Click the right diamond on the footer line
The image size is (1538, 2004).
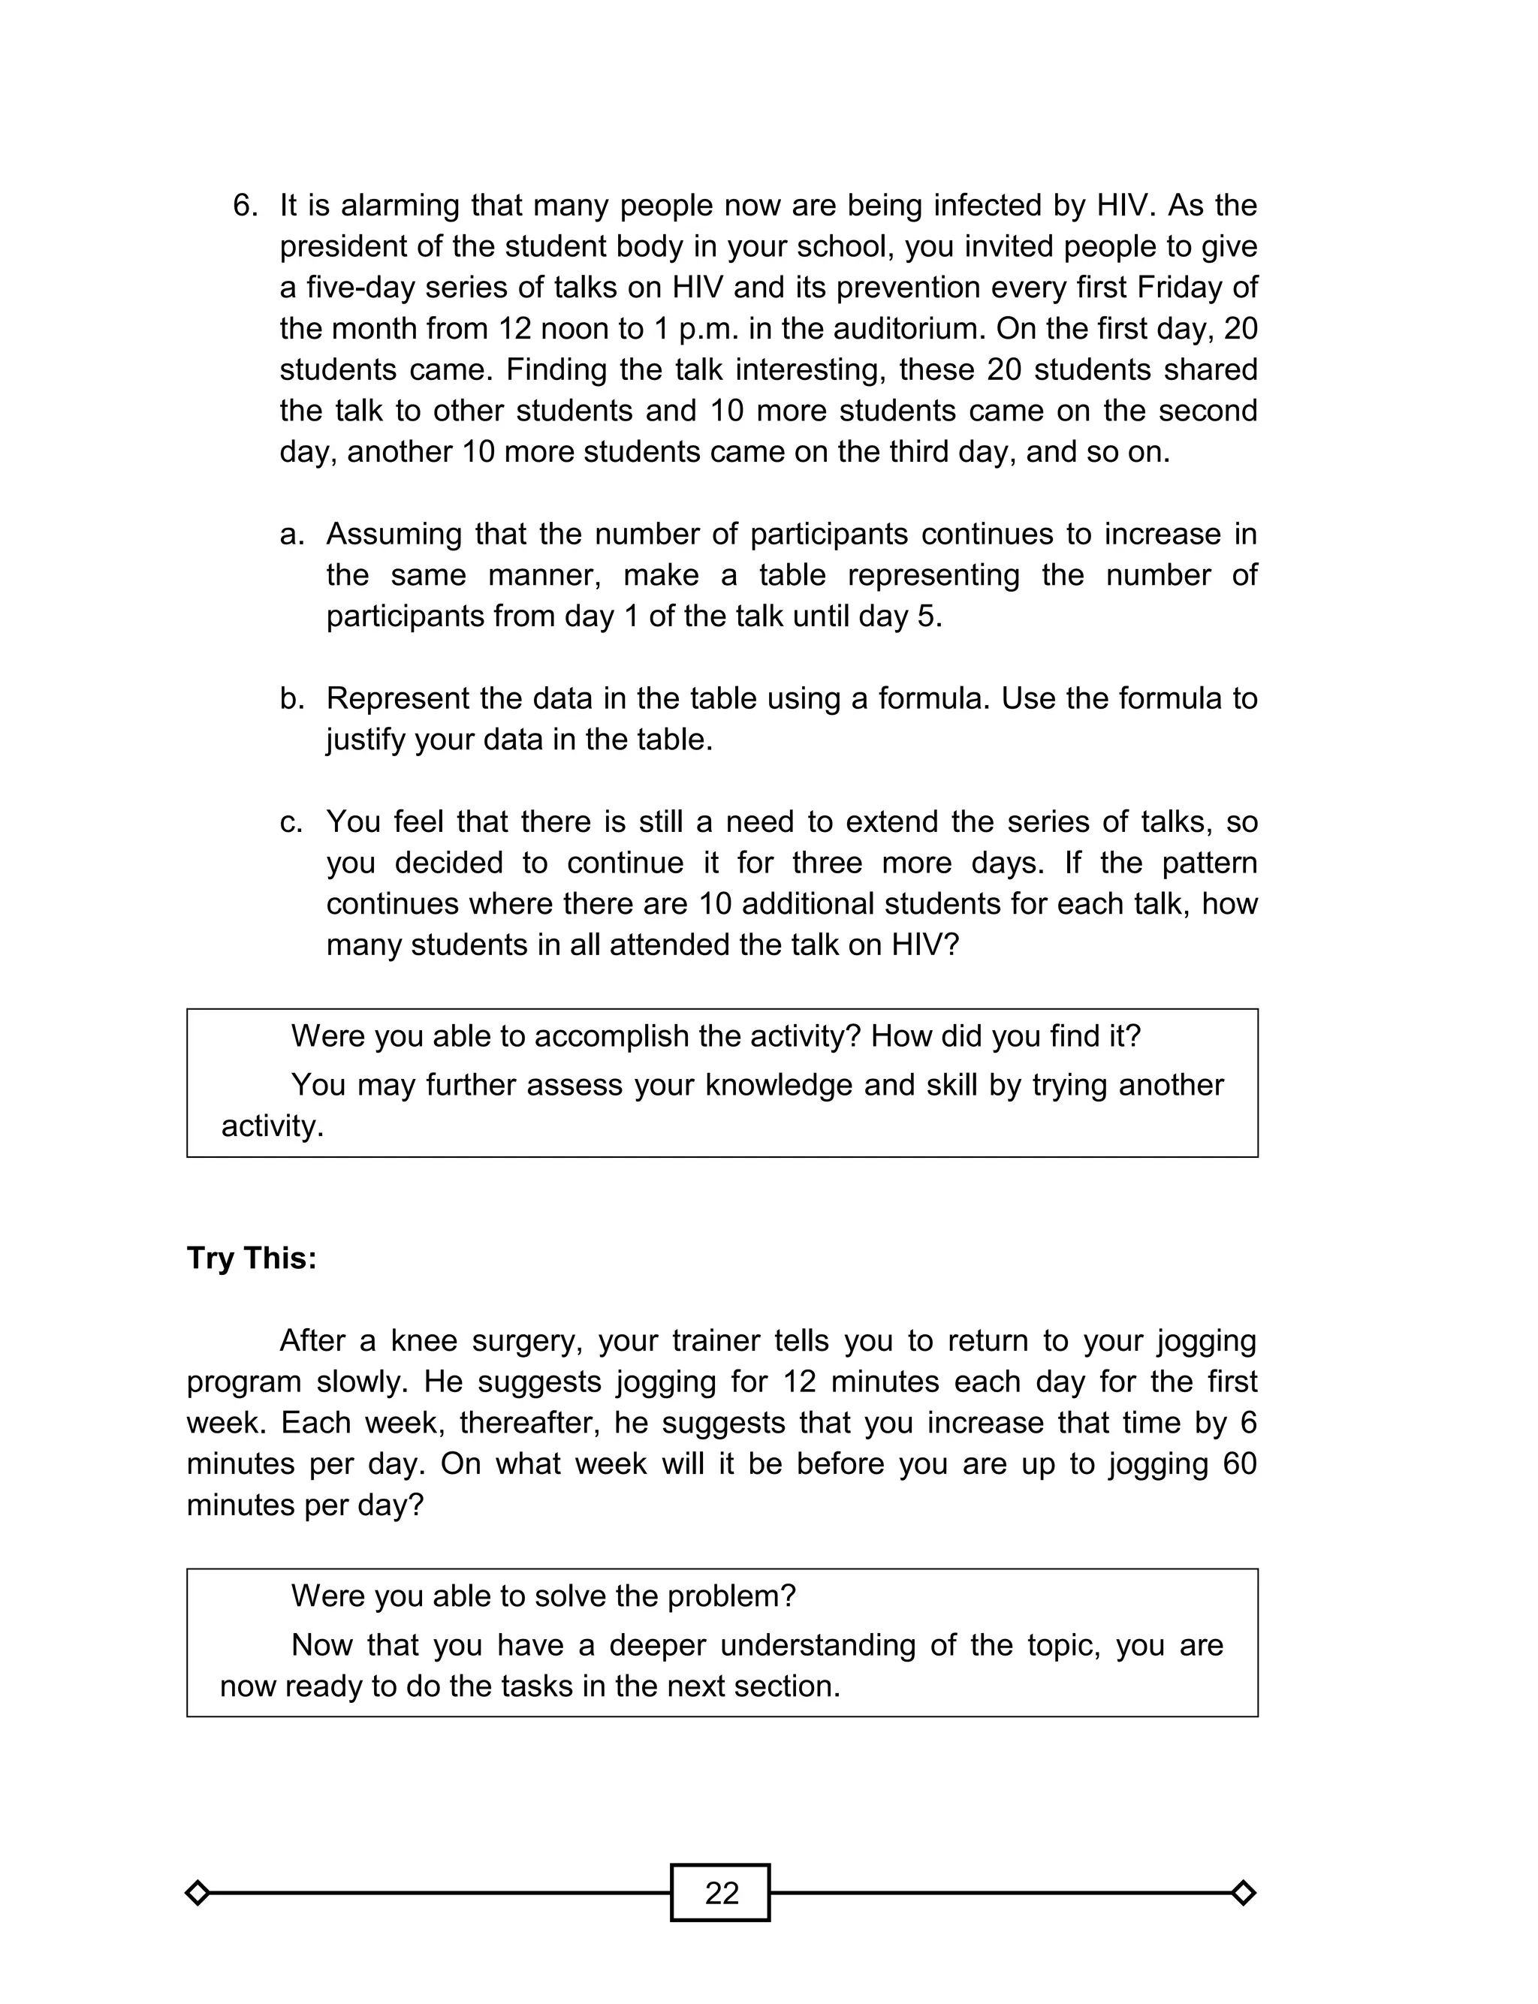(x=1243, y=1892)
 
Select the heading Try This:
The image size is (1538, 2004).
(x=252, y=1258)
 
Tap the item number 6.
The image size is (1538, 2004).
(x=246, y=205)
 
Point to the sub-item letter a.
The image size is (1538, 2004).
(x=291, y=535)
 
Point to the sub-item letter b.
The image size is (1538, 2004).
(x=291, y=699)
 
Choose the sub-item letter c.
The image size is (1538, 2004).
(x=291, y=821)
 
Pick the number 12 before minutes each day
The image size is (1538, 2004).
(x=798, y=1382)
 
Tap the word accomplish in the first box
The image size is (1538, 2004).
(x=628, y=1036)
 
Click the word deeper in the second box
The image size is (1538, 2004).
(x=656, y=1645)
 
